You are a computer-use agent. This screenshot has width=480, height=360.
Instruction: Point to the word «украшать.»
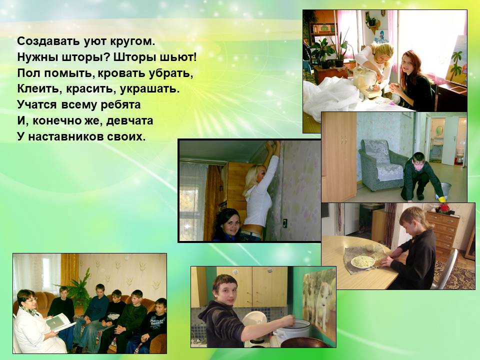pos(149,89)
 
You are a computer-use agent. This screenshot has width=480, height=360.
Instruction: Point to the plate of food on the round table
pos(363,261)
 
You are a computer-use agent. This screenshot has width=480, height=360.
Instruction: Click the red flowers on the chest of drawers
pos(443,209)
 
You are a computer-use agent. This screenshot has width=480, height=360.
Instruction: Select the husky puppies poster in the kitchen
pos(319,301)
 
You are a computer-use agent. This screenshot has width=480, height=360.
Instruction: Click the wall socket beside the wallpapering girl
pos(284,223)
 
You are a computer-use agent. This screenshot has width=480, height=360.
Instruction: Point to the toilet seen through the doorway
pos(460,155)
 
